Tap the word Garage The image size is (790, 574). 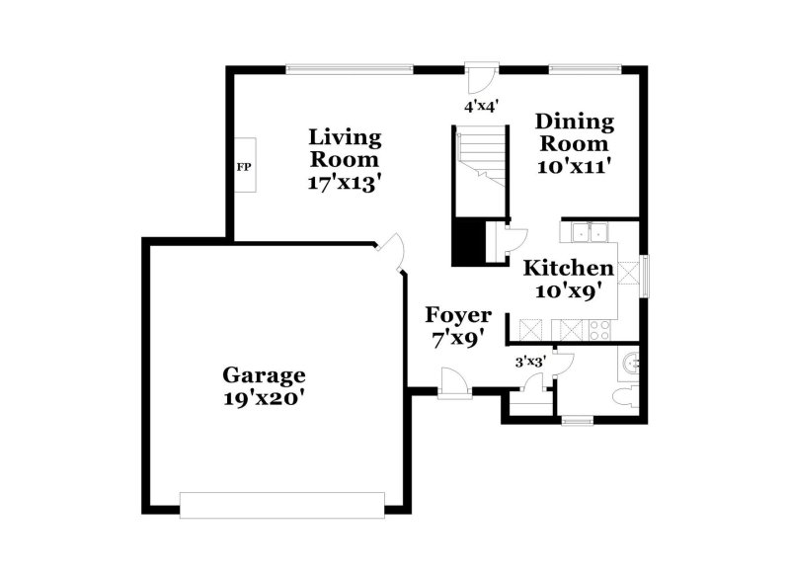click(264, 375)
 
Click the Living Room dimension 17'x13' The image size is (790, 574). click(345, 183)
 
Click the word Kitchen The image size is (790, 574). click(568, 268)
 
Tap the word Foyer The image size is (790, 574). click(458, 315)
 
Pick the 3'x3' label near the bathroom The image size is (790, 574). click(530, 362)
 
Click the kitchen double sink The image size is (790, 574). click(590, 233)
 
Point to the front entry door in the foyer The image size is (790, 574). click(453, 384)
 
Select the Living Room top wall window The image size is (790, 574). click(350, 68)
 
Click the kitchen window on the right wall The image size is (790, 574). click(645, 275)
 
